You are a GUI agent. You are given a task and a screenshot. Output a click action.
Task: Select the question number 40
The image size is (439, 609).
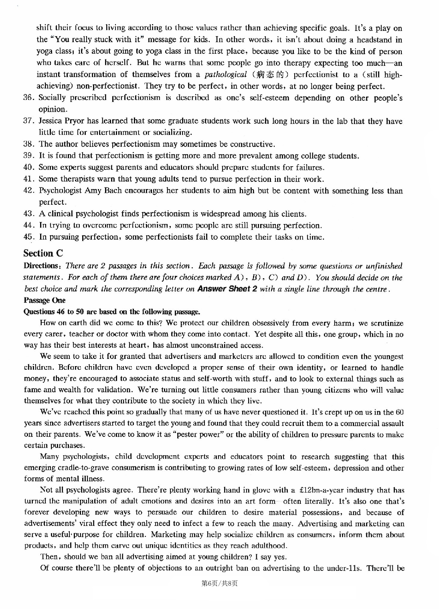point(29,167)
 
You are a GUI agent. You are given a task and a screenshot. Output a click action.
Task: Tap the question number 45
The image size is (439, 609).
point(29,237)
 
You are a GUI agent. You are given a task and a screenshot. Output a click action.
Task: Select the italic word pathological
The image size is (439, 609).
point(225,75)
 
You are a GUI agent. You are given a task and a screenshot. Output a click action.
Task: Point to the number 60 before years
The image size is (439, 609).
point(399,412)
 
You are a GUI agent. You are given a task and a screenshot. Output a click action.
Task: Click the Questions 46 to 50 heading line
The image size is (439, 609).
point(112,312)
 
